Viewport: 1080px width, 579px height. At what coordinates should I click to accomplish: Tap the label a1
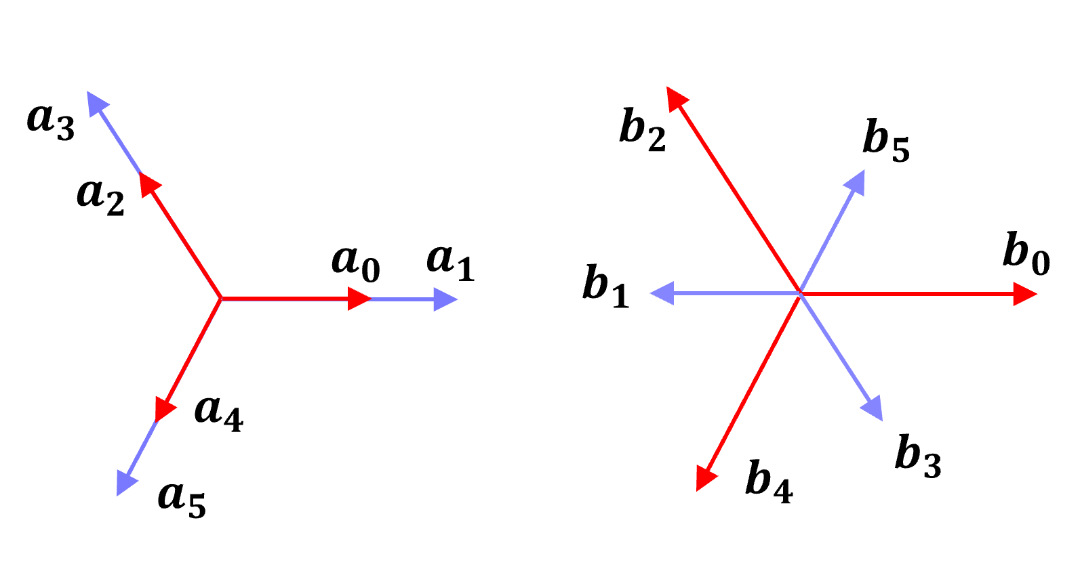(451, 263)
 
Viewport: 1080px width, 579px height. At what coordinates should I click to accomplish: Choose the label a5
(182, 500)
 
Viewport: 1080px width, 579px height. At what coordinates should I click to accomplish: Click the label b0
(1026, 255)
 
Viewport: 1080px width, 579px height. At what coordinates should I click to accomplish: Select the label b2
(643, 130)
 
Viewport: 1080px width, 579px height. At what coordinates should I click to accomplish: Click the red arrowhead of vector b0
(1025, 294)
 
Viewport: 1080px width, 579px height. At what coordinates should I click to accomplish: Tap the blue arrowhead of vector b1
(662, 294)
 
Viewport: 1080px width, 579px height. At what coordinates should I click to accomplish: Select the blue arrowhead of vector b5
(856, 182)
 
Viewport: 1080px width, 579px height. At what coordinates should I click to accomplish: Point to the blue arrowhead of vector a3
(97, 102)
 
